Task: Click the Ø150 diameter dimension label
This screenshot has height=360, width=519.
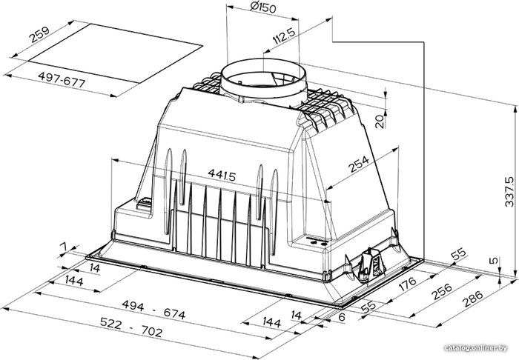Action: click(x=263, y=7)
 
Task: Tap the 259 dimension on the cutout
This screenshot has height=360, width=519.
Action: click(x=39, y=35)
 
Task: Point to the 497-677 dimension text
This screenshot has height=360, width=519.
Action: click(x=62, y=80)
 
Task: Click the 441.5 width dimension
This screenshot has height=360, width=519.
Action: click(x=222, y=175)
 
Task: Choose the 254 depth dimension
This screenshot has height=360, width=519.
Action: click(x=358, y=164)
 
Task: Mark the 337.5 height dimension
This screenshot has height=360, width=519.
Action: click(x=509, y=192)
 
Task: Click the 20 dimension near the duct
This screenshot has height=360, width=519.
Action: click(x=380, y=121)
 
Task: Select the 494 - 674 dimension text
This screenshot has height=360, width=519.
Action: click(x=153, y=310)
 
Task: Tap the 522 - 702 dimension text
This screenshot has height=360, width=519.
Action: click(x=131, y=327)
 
